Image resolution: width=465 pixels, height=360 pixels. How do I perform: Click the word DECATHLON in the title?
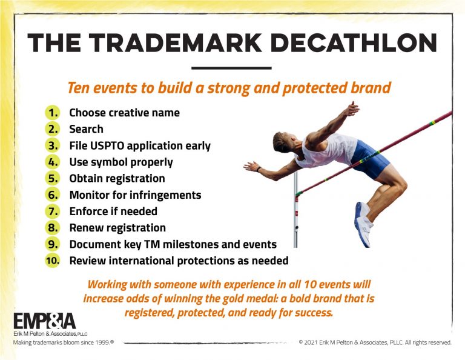click(x=354, y=43)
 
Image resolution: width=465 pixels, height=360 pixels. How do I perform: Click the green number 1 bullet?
click(x=53, y=113)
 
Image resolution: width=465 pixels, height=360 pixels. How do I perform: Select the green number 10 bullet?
click(x=53, y=261)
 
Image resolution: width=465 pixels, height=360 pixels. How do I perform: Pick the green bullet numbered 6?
click(x=53, y=195)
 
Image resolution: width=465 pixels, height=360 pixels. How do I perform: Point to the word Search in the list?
click(x=87, y=129)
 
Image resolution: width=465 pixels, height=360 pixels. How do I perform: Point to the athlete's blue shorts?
click(x=369, y=159)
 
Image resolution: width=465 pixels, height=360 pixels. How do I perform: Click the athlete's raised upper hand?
click(x=352, y=108)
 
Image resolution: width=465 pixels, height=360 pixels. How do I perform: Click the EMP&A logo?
click(x=44, y=321)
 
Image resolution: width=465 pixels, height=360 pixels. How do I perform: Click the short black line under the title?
click(x=232, y=68)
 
